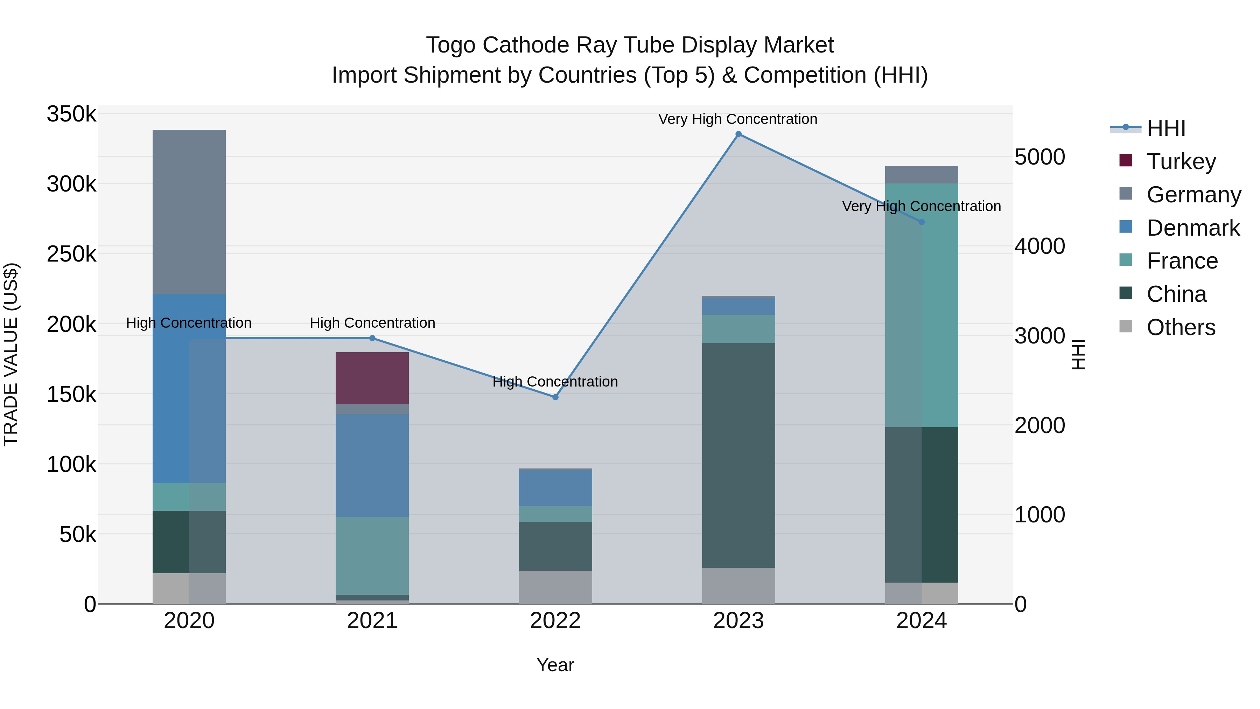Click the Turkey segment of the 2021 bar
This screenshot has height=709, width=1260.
372,378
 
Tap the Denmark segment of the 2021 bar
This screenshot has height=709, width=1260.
372,465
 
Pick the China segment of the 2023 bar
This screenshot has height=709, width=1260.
738,455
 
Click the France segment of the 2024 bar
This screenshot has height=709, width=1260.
922,305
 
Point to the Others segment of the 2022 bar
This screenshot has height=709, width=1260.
555,587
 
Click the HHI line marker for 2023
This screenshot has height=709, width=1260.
738,134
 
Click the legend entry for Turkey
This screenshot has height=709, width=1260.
1181,161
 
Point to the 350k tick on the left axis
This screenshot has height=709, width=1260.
71,114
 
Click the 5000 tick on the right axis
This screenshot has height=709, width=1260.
1039,157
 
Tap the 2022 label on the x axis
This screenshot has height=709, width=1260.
555,620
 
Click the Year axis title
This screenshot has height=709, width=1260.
555,665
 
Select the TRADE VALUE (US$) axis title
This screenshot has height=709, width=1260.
11,354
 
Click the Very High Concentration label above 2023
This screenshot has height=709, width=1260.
737,119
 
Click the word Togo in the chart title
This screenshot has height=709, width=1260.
450,45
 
